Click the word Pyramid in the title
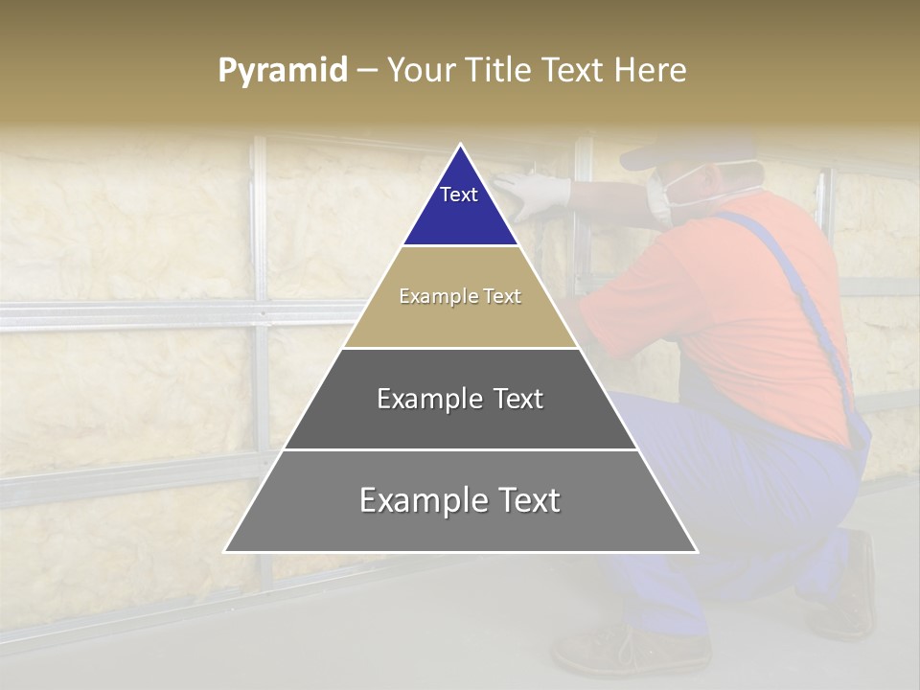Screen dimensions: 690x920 coord(283,71)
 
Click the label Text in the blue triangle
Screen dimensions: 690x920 coord(459,195)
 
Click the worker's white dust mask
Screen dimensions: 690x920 coord(661,197)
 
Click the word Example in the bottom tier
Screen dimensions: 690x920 coord(414,500)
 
